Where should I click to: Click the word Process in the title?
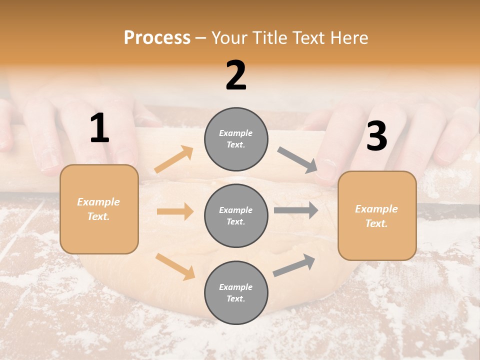[x=157, y=37]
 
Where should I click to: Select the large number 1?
[x=99, y=128]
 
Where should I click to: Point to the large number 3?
[x=376, y=136]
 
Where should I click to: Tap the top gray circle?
[x=236, y=139]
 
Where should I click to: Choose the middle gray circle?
[x=236, y=215]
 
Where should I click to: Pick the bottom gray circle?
[x=236, y=292]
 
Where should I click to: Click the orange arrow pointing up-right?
[x=174, y=159]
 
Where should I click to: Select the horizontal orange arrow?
[x=175, y=211]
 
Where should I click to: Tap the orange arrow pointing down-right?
[x=175, y=266]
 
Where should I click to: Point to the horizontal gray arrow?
[x=296, y=210]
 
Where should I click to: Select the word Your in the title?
[x=228, y=37]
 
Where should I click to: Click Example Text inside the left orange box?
[x=98, y=209]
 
